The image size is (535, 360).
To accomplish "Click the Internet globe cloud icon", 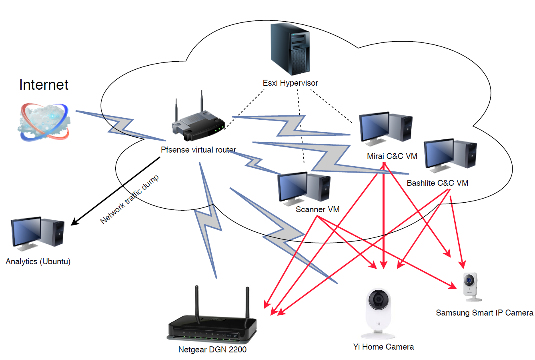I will pos(44,122).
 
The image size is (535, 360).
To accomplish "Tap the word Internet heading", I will pos(44,85).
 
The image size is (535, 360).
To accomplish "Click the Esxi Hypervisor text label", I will pos(290,83).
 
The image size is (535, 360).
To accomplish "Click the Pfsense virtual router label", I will pos(198,150).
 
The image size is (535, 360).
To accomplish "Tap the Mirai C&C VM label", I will pos(392,156).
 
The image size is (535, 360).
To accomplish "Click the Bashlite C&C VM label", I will pos(437,183).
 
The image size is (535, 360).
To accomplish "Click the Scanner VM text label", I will pos(317,209).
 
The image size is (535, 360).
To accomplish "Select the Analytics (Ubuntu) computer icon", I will pos(38,234).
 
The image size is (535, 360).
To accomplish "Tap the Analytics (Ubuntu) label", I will pos(38,262).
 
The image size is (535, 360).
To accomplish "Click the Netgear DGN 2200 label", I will pos(212,350).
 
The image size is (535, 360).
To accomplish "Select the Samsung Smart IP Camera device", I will pos(471,287).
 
